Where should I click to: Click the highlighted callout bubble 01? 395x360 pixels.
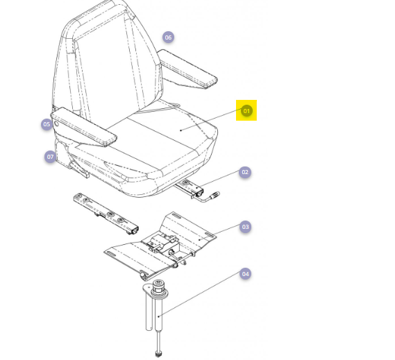click(246, 110)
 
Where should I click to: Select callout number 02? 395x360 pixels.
click(245, 172)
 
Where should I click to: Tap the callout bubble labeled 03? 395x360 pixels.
click(245, 227)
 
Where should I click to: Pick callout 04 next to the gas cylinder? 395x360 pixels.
click(245, 274)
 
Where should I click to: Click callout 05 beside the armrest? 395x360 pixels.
click(47, 124)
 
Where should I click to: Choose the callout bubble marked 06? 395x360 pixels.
click(168, 37)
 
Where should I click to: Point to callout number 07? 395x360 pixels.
click(50, 157)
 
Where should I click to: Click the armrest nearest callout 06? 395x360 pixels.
click(187, 69)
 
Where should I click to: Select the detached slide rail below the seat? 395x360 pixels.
click(106, 214)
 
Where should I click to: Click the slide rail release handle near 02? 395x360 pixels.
click(210, 197)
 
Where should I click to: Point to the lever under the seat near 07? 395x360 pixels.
click(79, 169)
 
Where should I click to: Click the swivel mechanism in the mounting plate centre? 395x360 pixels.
click(162, 243)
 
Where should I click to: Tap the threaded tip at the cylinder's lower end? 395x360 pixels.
click(158, 354)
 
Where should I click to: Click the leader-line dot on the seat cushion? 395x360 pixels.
click(181, 130)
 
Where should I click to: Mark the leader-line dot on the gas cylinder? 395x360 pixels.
click(158, 316)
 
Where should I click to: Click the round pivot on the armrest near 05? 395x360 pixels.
click(57, 123)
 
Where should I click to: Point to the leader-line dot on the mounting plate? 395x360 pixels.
click(199, 239)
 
